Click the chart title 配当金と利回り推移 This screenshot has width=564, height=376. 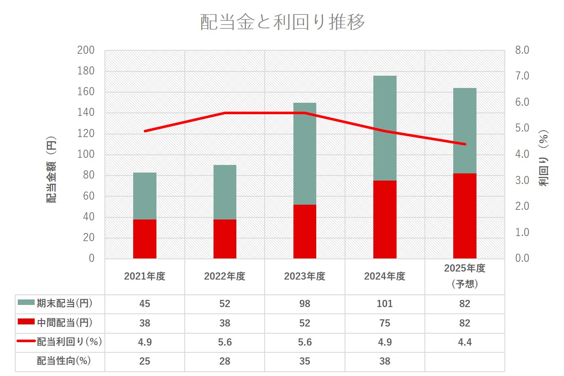(x=282, y=22)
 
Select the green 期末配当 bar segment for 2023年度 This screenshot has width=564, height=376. (x=305, y=154)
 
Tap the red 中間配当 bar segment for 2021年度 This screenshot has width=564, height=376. (x=145, y=239)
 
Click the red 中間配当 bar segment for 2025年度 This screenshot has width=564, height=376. (x=465, y=216)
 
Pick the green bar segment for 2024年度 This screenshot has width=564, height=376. (x=385, y=128)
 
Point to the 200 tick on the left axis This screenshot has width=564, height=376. (x=85, y=50)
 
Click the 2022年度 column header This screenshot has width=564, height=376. (x=225, y=277)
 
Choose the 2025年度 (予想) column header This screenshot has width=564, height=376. (x=465, y=276)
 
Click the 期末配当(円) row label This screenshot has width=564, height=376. (x=64, y=304)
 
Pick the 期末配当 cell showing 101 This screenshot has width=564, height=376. (x=385, y=304)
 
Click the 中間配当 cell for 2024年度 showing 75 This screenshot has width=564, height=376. (x=385, y=323)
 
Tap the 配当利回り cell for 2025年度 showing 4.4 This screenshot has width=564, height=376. (x=465, y=342)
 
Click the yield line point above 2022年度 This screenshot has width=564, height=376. (x=225, y=113)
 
